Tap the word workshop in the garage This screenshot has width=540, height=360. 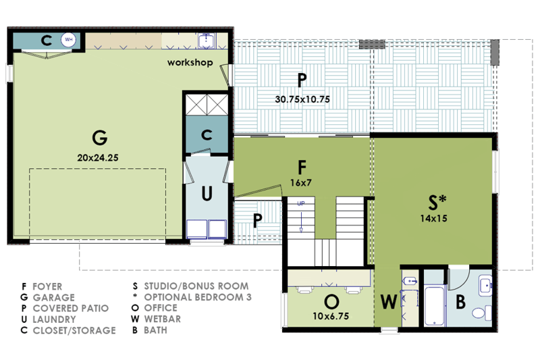(x=190, y=63)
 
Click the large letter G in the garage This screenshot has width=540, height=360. (x=99, y=138)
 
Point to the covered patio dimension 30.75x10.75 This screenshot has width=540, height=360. (x=302, y=99)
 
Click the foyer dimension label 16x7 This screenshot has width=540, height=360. (x=301, y=182)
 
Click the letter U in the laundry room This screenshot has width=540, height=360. (x=207, y=194)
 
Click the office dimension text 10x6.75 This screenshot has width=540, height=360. (x=331, y=315)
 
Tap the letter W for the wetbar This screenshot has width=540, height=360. (x=387, y=301)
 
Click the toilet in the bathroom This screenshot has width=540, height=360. (x=480, y=312)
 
